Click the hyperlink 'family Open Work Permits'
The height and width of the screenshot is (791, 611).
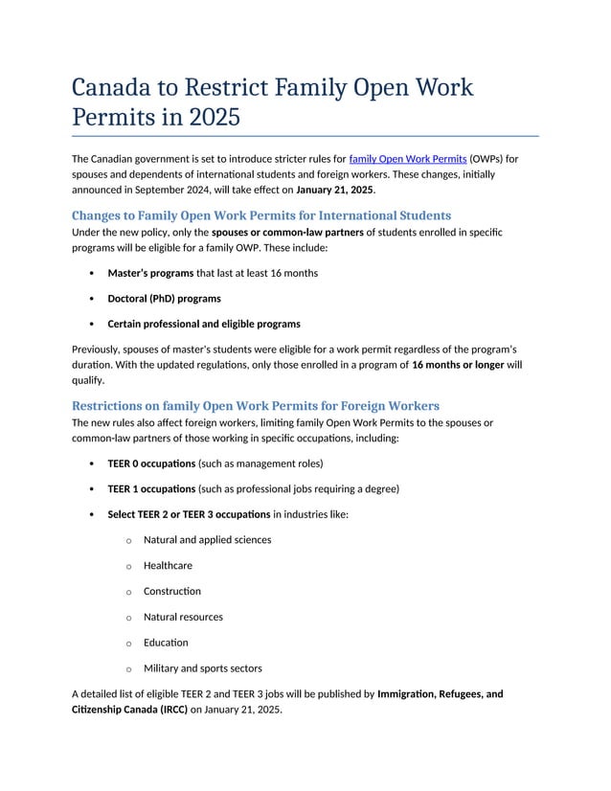point(408,158)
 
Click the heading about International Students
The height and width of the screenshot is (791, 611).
point(261,215)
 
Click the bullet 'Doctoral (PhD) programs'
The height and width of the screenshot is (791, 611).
point(164,299)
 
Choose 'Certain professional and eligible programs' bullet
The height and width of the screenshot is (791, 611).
point(203,324)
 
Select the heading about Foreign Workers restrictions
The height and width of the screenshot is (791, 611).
point(256,405)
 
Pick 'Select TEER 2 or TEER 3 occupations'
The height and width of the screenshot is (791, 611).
point(189,514)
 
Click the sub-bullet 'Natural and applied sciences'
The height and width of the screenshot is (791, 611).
point(207,540)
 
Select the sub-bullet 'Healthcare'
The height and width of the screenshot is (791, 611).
point(168,566)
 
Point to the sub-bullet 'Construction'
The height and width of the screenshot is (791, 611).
point(172,591)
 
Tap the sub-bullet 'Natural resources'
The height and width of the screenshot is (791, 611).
point(183,617)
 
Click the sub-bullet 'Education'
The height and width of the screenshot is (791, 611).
point(166,643)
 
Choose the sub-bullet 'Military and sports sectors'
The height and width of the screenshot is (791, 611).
point(202,668)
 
